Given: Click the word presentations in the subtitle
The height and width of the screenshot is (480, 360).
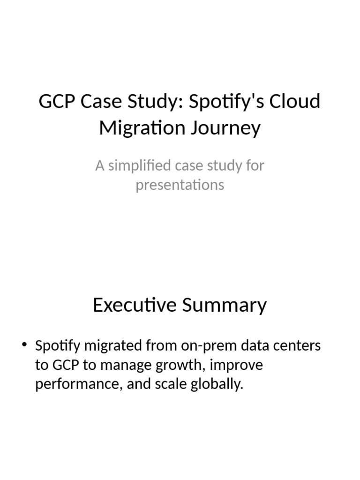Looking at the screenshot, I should click(x=180, y=185).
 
